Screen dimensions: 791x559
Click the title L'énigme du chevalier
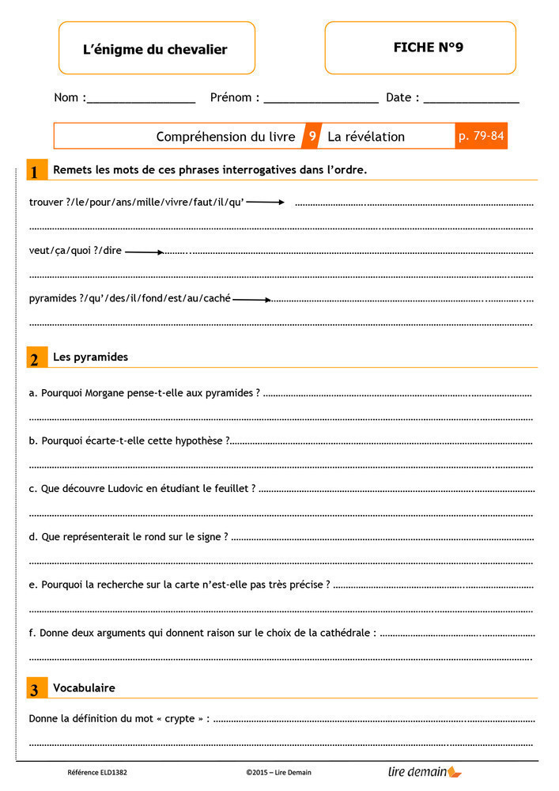155,49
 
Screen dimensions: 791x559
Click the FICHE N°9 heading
428,47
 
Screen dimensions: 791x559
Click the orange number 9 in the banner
312,136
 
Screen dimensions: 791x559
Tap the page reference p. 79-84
481,136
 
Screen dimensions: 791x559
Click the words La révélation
366,136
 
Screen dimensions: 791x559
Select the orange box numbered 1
35,171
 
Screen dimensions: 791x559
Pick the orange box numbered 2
35,358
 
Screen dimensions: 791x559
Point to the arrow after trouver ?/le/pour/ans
265,202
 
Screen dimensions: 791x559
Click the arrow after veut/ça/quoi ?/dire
144,252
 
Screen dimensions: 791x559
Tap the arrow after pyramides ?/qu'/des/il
251,300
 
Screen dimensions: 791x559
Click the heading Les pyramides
90,357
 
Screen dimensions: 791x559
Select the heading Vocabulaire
84,688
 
